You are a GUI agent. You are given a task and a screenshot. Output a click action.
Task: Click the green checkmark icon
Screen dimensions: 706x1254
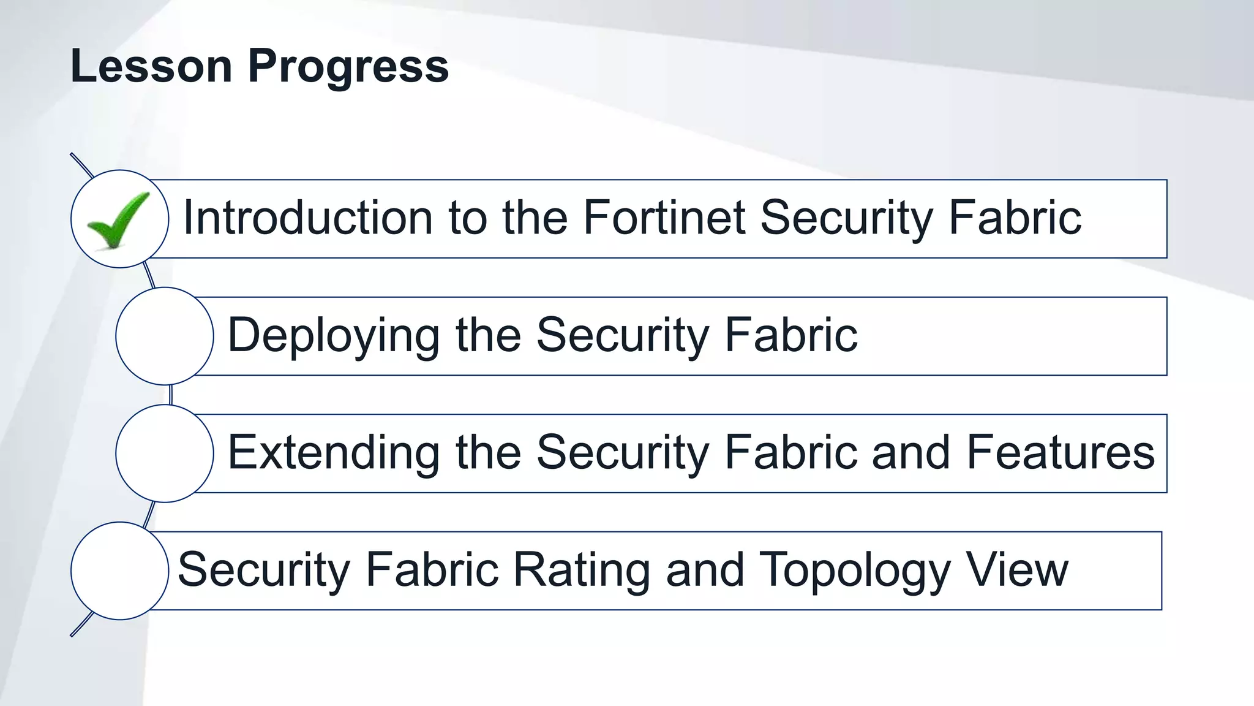tap(118, 219)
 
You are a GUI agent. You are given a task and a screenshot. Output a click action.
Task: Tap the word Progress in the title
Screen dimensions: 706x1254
tap(348, 66)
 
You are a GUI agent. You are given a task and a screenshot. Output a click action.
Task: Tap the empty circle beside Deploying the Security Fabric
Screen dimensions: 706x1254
tap(165, 336)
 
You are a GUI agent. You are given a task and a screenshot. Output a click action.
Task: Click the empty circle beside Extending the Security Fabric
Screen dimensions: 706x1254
tap(165, 454)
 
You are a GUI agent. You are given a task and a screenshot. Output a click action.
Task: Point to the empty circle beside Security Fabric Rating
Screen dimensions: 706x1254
tap(120, 571)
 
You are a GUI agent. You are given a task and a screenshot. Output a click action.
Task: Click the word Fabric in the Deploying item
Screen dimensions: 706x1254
tap(791, 335)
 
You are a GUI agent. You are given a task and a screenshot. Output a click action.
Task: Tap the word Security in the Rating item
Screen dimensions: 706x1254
tap(264, 570)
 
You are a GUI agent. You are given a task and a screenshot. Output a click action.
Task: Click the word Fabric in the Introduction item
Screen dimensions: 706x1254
tap(1015, 218)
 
